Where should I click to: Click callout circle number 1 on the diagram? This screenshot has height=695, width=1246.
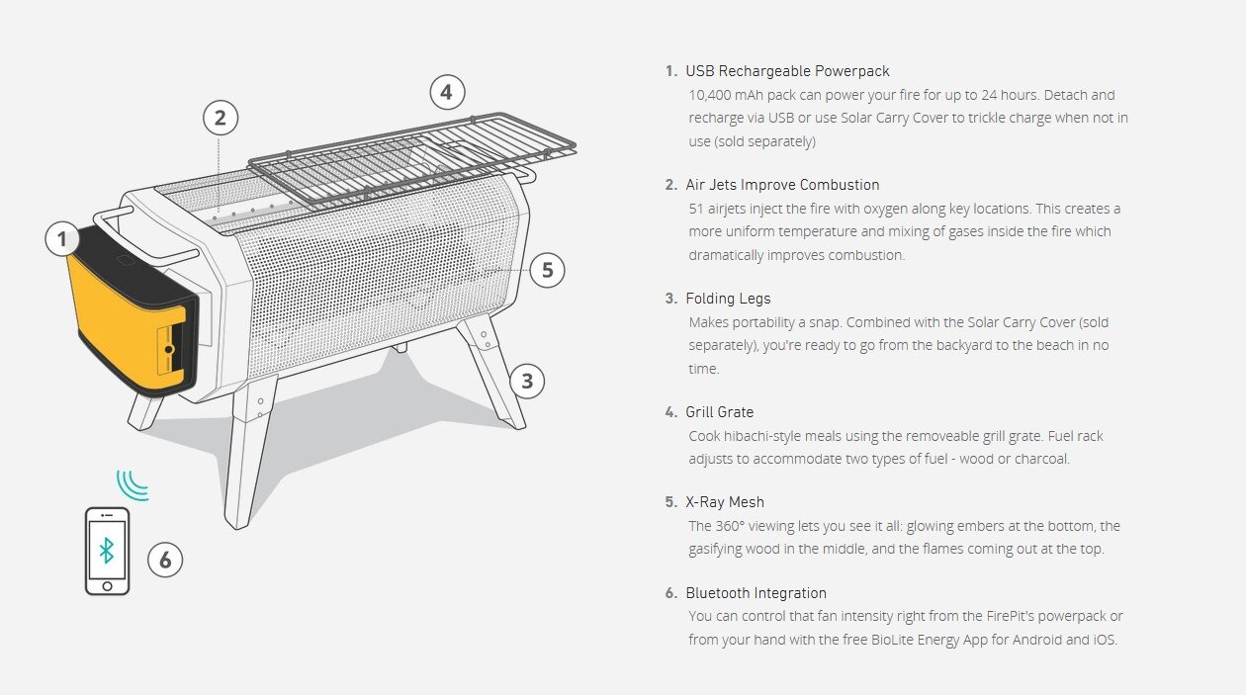[x=61, y=239]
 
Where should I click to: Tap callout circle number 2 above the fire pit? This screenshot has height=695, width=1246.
[x=221, y=118]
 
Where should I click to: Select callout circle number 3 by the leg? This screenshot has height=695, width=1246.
[x=527, y=382]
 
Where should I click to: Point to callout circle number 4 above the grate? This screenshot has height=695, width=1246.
[x=447, y=92]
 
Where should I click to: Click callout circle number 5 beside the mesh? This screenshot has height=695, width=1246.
[x=548, y=270]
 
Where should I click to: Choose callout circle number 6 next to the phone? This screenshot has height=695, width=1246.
[x=165, y=560]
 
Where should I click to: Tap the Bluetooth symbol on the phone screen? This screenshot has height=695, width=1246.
[x=106, y=551]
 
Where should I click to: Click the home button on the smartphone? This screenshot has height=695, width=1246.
[x=108, y=586]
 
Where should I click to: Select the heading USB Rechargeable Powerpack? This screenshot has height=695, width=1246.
[x=787, y=71]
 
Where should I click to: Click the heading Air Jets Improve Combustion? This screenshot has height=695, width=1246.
[x=782, y=185]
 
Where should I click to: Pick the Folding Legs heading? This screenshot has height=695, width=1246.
[x=728, y=299]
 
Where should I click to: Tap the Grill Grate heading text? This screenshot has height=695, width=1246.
[x=719, y=412]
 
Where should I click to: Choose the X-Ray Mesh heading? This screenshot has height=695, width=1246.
[x=724, y=502]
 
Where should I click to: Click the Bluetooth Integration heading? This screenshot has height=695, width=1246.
[x=756, y=593]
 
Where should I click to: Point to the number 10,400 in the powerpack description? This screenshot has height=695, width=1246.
[x=710, y=96]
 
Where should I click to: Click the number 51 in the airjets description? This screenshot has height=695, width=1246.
[x=696, y=209]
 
